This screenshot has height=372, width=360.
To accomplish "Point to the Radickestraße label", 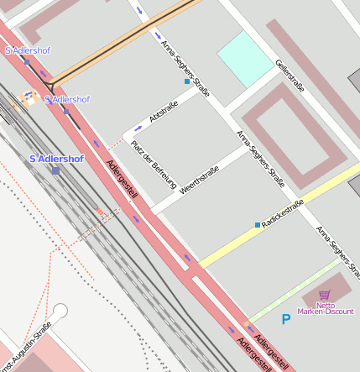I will click(x=283, y=215).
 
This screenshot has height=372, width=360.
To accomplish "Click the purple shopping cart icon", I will click(x=324, y=294).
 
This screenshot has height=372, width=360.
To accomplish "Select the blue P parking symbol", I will click(x=285, y=319).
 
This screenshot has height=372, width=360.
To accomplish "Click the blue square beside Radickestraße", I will click(x=258, y=225).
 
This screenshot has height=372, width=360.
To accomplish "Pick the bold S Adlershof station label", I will click(x=56, y=158).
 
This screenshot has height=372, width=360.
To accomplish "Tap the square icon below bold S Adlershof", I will click(x=55, y=170).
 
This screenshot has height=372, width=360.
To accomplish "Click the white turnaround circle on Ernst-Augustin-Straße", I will click(x=60, y=309).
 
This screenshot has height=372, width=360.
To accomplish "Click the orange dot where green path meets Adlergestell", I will click(x=247, y=323).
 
